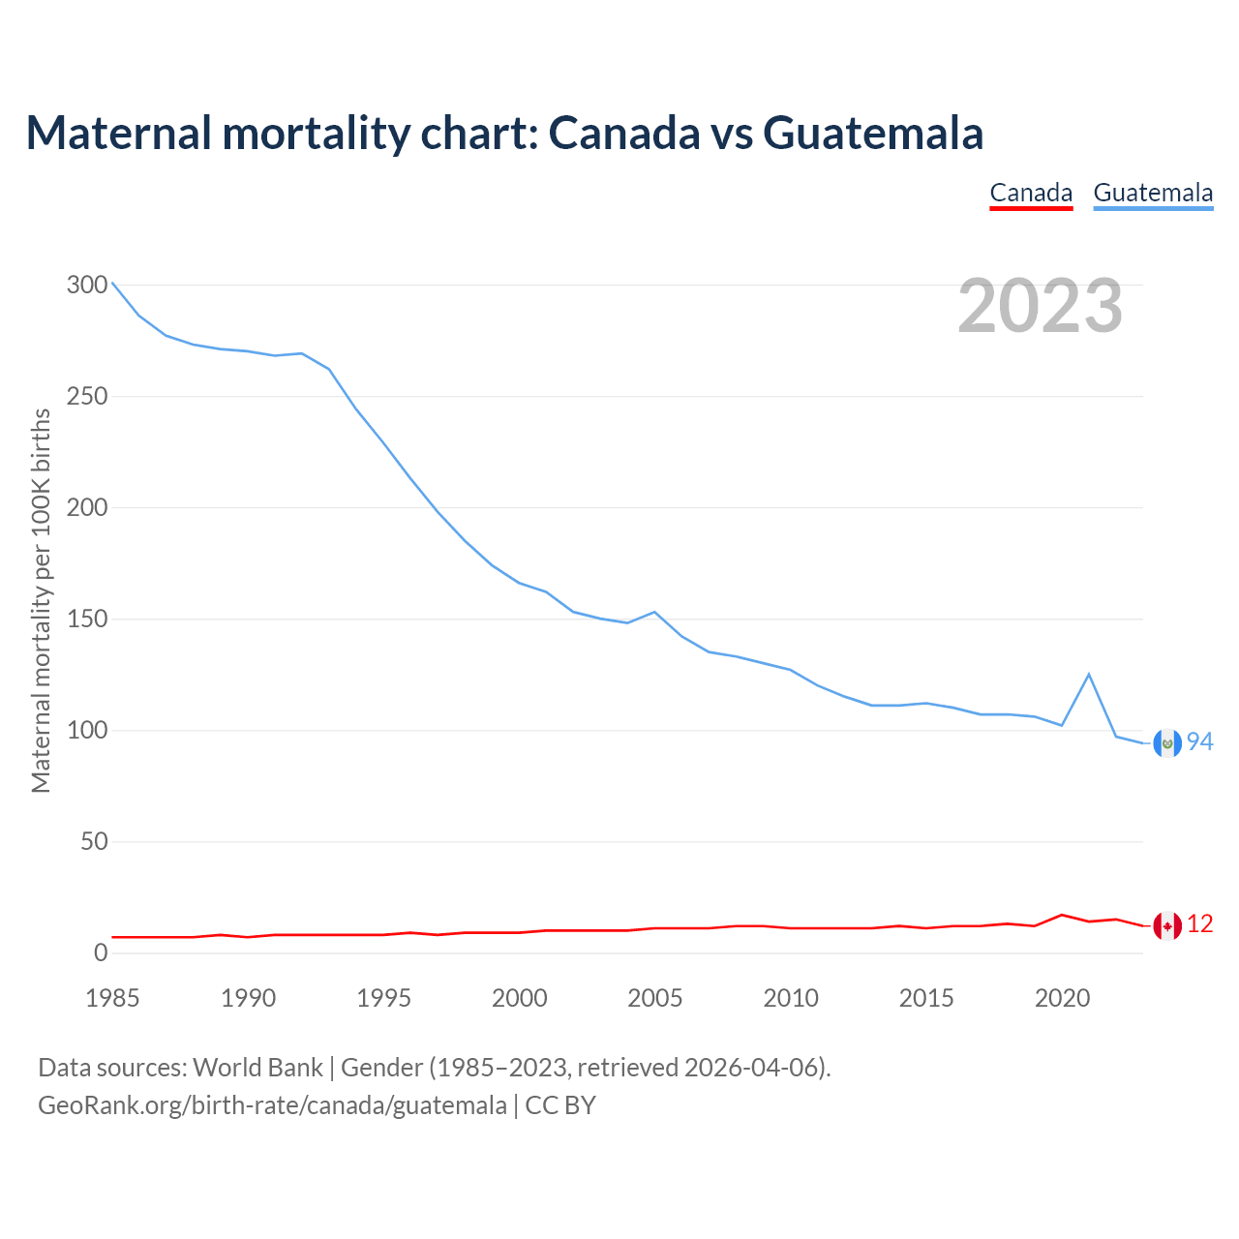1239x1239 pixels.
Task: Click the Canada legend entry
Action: coord(1031,194)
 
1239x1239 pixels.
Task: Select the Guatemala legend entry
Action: coord(1153,194)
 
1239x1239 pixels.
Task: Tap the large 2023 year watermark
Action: coord(1041,306)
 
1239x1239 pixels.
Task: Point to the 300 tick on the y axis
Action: coord(87,286)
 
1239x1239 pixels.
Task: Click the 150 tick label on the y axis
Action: coord(87,619)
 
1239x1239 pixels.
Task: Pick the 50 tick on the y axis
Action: coord(94,842)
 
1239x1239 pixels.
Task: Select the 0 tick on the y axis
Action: coord(101,953)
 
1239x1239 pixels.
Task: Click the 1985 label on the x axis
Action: coord(112,998)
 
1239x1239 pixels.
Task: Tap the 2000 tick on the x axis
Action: coord(520,998)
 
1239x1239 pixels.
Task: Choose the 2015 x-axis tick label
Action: coord(926,998)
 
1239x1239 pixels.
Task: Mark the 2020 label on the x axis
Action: coord(1062,998)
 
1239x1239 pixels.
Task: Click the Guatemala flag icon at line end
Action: coord(1167,742)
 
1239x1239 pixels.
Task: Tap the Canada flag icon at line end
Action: coord(1167,925)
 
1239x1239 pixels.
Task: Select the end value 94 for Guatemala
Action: coord(1200,742)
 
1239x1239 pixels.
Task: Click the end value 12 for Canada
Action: coord(1200,925)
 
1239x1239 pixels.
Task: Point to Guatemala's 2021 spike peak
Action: coord(1089,674)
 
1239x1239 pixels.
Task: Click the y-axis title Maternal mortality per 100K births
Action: coord(41,600)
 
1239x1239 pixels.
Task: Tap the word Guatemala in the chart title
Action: coord(873,133)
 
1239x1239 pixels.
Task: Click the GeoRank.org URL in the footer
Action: coord(272,1105)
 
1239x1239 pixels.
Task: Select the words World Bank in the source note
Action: coord(257,1068)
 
